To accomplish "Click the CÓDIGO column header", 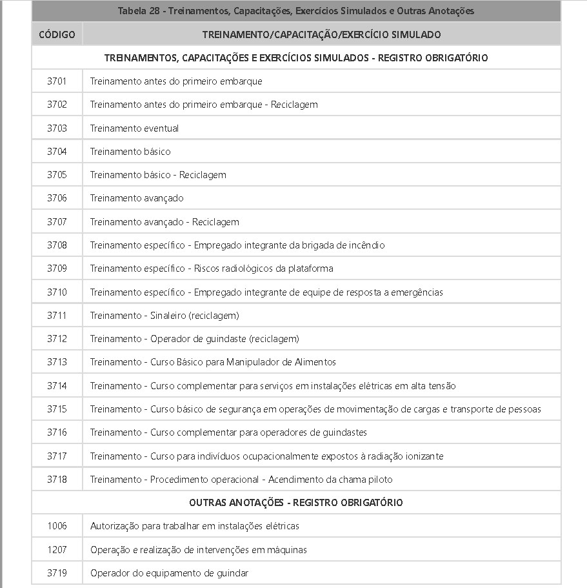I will point(57,34).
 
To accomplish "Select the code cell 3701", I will point(57,81).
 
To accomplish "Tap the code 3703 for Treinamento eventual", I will point(57,128).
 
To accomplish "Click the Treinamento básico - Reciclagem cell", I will point(158,175).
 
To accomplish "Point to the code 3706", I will point(57,198).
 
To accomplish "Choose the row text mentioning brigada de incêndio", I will point(237,245).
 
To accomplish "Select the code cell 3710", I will point(57,292).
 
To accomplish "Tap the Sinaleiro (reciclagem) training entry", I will point(164,316).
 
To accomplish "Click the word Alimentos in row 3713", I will point(314,362).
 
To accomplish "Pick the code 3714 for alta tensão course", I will point(57,386).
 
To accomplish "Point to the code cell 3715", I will point(57,409).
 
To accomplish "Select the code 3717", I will point(57,456).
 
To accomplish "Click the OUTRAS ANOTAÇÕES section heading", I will point(296,502).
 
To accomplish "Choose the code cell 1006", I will point(57,526).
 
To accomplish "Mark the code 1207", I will point(57,550).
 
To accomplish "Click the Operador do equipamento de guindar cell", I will point(169,573).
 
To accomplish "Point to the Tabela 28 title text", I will point(296,11).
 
